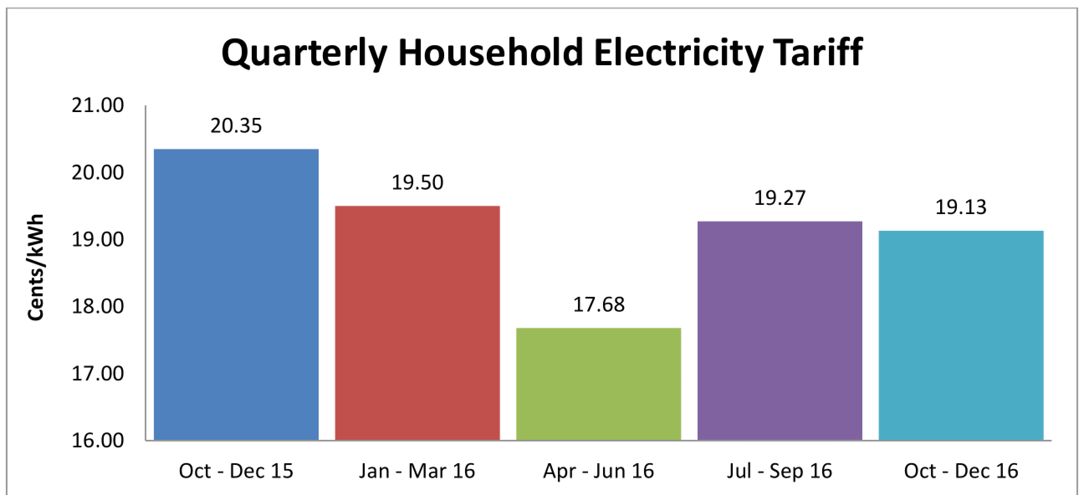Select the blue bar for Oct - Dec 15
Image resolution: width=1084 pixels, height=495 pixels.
[236, 294]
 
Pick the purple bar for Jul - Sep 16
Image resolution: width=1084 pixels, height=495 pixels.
[780, 331]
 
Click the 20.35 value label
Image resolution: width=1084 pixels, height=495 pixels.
[236, 126]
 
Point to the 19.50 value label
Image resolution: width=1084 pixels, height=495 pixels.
[417, 183]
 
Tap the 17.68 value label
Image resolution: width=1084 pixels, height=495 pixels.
[599, 304]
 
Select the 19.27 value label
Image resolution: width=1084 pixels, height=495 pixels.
[780, 198]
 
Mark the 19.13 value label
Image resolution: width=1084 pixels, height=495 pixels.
[961, 207]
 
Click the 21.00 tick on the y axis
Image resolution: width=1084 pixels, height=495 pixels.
[97, 105]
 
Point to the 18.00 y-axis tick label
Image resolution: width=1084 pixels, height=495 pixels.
[97, 306]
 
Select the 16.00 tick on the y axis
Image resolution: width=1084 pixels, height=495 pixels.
[97, 440]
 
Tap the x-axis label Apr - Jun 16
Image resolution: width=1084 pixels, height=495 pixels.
[598, 471]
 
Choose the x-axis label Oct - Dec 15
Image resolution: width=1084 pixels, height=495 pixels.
[235, 471]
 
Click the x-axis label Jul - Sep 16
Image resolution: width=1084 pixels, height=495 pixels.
[780, 471]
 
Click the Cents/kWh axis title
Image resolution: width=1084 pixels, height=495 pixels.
[36, 268]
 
